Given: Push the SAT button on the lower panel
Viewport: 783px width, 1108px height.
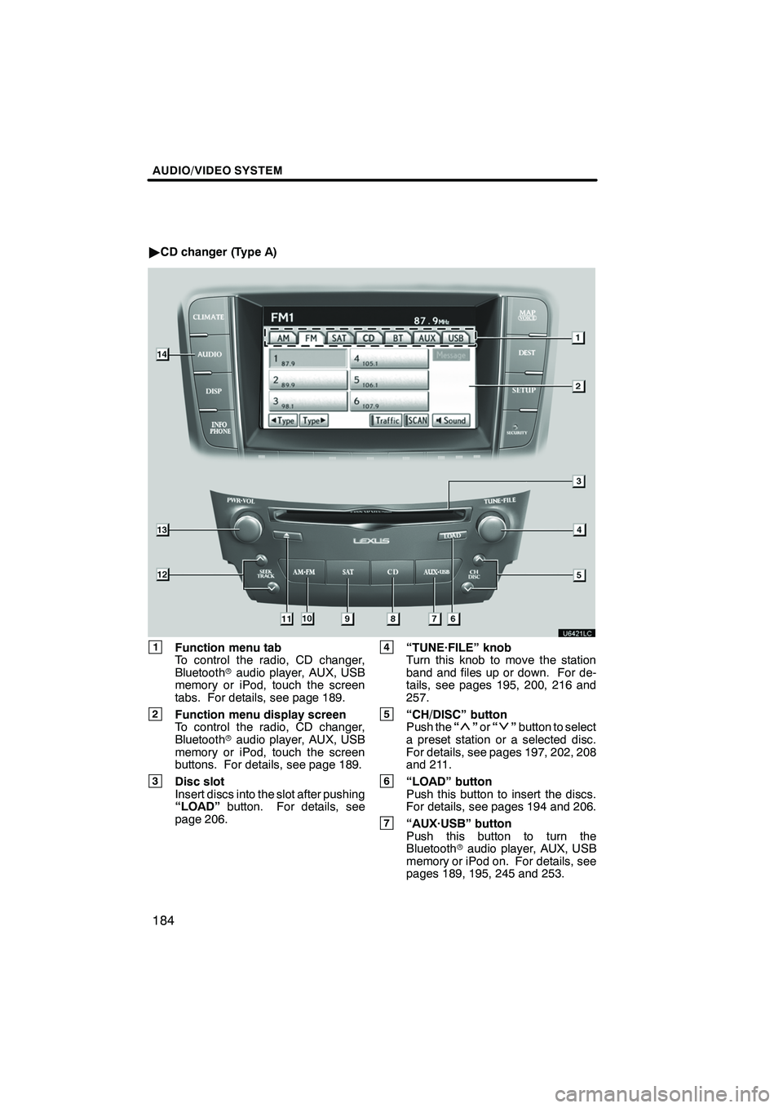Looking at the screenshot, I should (347, 572).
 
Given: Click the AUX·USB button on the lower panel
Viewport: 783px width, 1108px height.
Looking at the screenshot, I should (436, 572).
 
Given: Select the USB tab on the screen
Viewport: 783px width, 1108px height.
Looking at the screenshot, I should (457, 337).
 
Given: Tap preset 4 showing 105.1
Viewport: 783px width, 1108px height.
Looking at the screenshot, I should (387, 357).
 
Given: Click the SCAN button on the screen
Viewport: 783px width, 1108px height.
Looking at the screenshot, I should (417, 420).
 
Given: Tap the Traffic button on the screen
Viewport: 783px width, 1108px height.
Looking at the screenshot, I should (386, 420).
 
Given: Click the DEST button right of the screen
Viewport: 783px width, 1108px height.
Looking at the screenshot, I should (526, 352).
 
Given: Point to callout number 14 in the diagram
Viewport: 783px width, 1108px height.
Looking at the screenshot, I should (166, 354).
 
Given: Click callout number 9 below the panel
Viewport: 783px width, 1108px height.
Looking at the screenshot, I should (347, 618).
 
